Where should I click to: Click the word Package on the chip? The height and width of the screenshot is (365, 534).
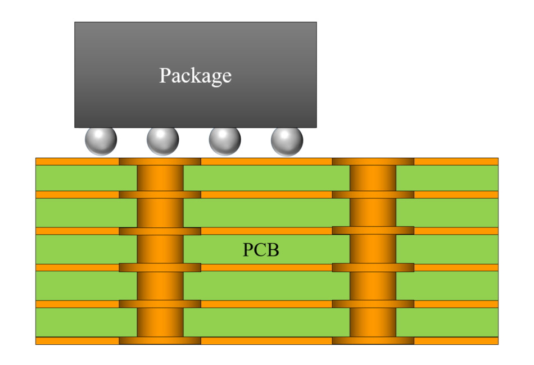(195, 75)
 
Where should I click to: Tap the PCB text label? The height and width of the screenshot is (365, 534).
(261, 250)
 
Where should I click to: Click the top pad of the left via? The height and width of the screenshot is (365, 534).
(160, 162)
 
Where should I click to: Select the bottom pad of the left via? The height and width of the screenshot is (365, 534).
(160, 340)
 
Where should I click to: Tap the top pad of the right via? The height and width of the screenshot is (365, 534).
(373, 162)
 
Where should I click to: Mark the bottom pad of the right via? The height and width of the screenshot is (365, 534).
(373, 340)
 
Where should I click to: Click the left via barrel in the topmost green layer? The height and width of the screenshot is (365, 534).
(160, 178)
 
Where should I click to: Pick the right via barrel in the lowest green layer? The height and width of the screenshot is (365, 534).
(373, 322)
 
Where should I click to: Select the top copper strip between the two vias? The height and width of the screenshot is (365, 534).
(266, 162)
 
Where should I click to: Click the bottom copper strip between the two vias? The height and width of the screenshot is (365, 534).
(266, 341)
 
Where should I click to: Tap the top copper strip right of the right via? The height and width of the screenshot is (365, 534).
(456, 162)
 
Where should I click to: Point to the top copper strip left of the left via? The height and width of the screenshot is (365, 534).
(77, 162)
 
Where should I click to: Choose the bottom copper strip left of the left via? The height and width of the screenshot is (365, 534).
(77, 341)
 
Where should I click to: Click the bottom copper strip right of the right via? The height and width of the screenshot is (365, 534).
(456, 341)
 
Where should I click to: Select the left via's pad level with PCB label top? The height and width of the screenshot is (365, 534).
(160, 231)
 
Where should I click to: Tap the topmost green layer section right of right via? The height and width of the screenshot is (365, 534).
(447, 178)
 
